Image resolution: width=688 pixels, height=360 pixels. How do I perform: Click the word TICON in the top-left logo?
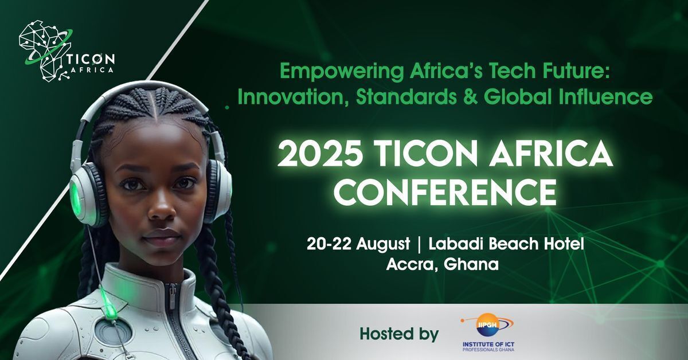pos(91,58)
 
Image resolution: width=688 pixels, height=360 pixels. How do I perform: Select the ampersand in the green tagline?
pos(470,96)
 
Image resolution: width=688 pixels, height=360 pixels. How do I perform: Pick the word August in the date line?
pos(383,245)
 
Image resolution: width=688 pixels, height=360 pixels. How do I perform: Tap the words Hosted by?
pos(399,334)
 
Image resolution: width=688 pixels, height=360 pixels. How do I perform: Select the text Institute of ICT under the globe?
pos(488,345)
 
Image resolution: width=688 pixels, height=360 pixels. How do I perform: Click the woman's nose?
pos(162,209)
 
